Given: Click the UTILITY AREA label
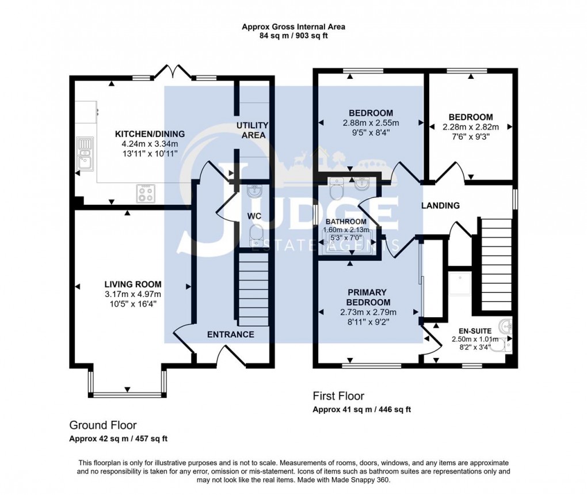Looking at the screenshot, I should [x=251, y=130].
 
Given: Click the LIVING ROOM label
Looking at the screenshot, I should [x=132, y=284].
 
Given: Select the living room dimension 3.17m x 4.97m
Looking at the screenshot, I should [x=132, y=294].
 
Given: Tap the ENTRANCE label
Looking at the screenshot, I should [x=230, y=334].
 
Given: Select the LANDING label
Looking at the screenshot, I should [x=440, y=205].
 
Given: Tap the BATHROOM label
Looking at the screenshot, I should [x=346, y=222].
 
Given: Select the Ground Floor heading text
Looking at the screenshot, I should [x=103, y=425].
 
